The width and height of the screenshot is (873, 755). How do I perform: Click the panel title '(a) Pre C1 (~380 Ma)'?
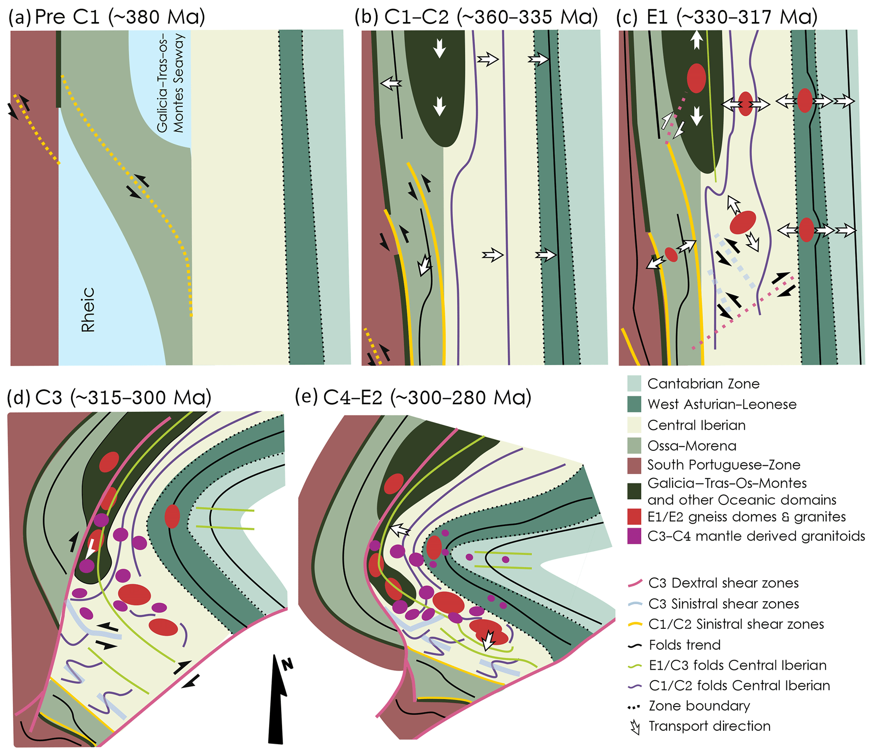point(106,17)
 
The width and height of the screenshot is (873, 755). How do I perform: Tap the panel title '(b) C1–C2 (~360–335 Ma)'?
point(476,17)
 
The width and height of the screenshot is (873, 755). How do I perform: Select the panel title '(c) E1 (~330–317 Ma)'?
point(717,17)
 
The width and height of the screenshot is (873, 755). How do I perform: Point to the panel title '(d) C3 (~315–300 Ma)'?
point(109,398)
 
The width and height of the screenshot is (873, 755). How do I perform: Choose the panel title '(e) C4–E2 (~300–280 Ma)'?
point(413,398)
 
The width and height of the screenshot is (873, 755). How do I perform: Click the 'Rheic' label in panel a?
point(88,310)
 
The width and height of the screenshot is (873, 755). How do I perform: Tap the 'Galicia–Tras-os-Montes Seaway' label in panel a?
point(171,83)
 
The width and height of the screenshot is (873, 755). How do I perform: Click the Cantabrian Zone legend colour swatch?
point(634,384)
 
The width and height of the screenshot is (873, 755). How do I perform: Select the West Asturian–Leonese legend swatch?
point(634,404)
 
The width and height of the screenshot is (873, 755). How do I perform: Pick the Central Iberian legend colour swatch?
point(634,425)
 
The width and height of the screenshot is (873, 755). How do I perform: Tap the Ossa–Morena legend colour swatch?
point(634,446)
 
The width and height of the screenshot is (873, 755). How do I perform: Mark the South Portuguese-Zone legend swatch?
point(634,465)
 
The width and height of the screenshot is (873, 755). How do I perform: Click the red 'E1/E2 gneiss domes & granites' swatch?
point(634,517)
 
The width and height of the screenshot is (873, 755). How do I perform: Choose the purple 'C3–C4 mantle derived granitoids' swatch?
point(634,536)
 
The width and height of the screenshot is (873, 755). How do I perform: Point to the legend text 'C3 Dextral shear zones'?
point(723,583)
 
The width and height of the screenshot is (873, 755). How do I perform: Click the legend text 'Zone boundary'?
point(699,706)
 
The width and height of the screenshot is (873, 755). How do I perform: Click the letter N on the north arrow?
point(288,664)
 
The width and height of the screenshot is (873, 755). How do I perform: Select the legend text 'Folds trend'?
point(685,645)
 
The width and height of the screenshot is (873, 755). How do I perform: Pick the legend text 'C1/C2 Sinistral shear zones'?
point(736,624)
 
